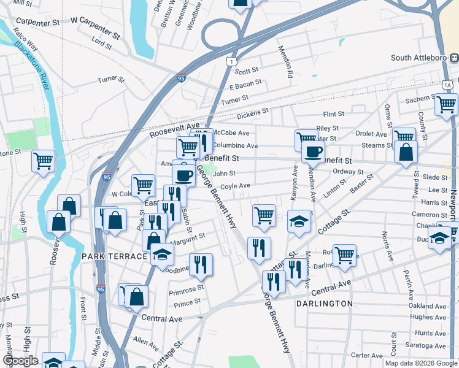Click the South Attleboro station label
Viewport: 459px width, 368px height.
click(x=417, y=58)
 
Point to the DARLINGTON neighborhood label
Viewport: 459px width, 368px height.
click(x=325, y=304)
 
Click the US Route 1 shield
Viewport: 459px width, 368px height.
click(x=230, y=61)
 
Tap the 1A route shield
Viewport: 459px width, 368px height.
click(x=449, y=84)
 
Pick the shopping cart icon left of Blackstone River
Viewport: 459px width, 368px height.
click(x=43, y=161)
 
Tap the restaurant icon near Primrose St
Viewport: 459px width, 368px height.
click(x=201, y=264)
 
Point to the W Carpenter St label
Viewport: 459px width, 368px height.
click(x=95, y=29)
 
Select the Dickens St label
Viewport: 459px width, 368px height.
click(x=253, y=112)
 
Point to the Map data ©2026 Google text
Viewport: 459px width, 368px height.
click(x=420, y=363)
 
